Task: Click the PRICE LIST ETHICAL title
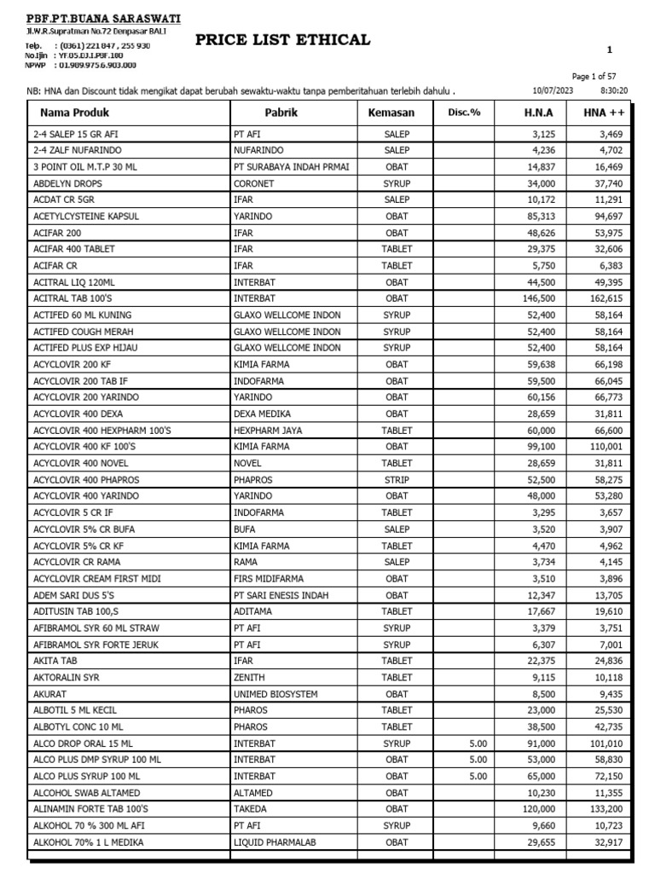(283, 39)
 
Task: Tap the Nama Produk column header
(75, 113)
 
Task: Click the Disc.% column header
(464, 113)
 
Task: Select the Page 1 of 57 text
(600, 76)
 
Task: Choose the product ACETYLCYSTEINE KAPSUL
(85, 217)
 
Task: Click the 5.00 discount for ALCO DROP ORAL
(478, 743)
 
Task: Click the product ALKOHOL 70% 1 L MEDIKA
(89, 841)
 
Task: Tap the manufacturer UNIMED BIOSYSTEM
(275, 694)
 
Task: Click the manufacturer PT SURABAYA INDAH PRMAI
(291, 167)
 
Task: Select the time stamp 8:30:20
(613, 90)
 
